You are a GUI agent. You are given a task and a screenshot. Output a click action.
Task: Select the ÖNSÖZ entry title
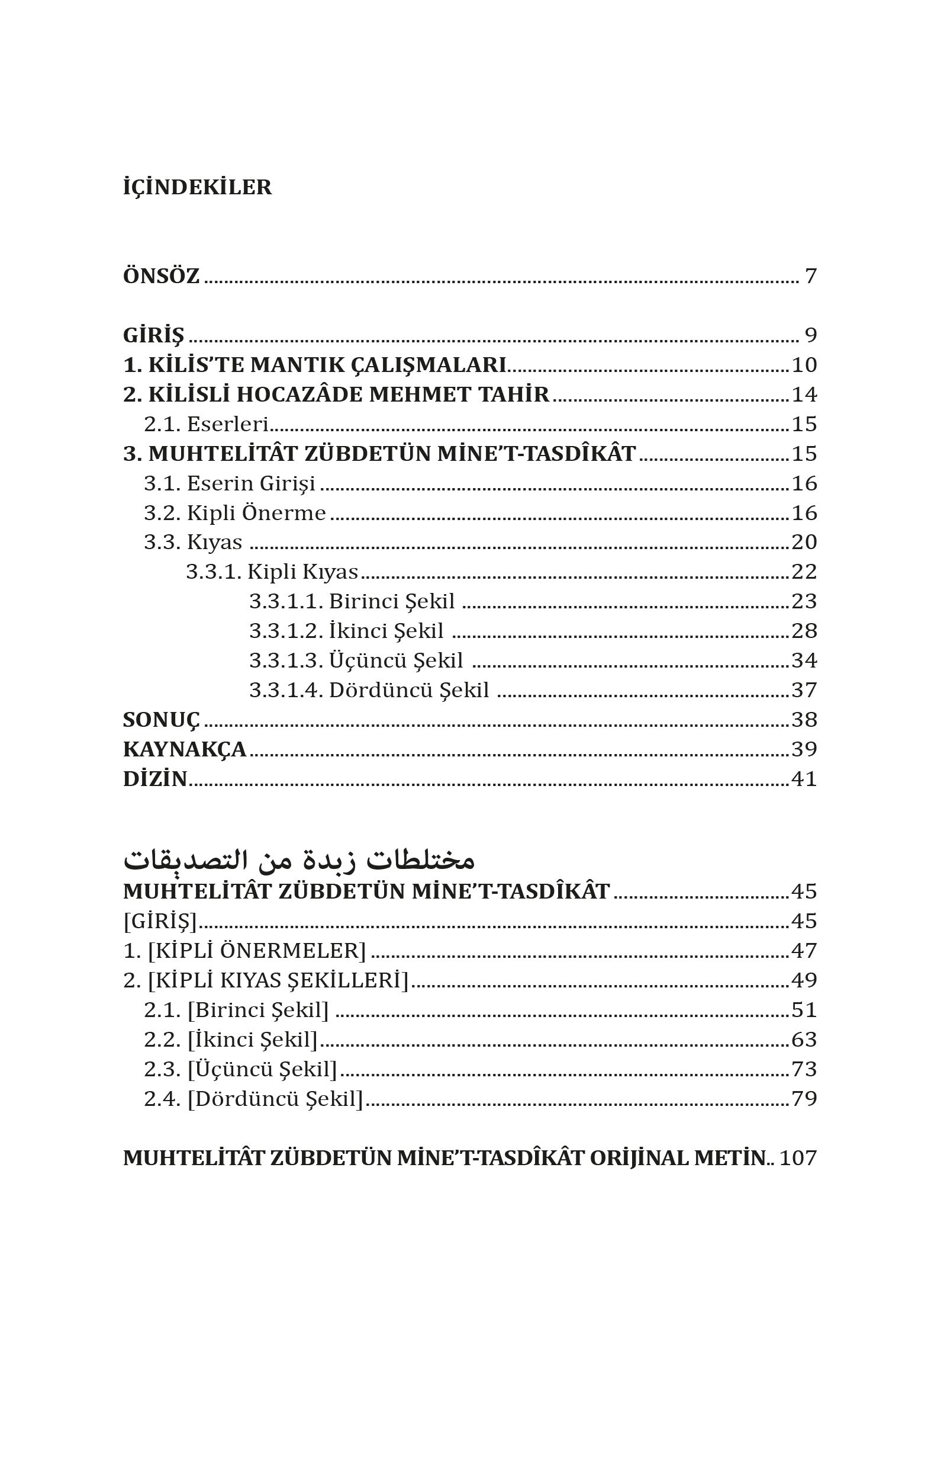click(161, 276)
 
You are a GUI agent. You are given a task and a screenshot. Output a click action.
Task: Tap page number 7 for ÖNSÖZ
click(810, 276)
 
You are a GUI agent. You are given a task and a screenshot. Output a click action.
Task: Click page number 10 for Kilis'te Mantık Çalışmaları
click(804, 365)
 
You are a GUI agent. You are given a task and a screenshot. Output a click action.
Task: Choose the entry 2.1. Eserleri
click(206, 424)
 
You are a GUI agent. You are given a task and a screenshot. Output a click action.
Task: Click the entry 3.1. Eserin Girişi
click(229, 483)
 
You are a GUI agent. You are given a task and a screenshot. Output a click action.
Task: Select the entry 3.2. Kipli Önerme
click(235, 513)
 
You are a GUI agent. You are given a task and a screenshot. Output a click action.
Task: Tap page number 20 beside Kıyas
click(804, 542)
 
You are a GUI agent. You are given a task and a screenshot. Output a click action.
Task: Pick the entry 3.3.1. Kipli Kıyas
click(272, 572)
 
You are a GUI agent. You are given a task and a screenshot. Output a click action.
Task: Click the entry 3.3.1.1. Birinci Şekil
click(352, 601)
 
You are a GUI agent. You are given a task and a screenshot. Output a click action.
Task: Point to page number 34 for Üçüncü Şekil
click(804, 660)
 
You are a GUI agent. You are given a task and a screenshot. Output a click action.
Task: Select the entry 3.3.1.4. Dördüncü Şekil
click(369, 690)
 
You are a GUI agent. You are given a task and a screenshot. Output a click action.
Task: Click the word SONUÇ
click(161, 720)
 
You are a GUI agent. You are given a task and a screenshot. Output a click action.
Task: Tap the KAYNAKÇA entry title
click(185, 749)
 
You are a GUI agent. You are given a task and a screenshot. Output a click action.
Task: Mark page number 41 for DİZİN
click(804, 779)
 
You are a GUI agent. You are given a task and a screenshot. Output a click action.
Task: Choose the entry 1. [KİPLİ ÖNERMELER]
click(244, 951)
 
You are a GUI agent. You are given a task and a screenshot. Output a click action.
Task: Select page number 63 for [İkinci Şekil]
click(804, 1040)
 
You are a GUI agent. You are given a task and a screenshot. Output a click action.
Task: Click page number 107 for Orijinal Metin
click(798, 1158)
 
